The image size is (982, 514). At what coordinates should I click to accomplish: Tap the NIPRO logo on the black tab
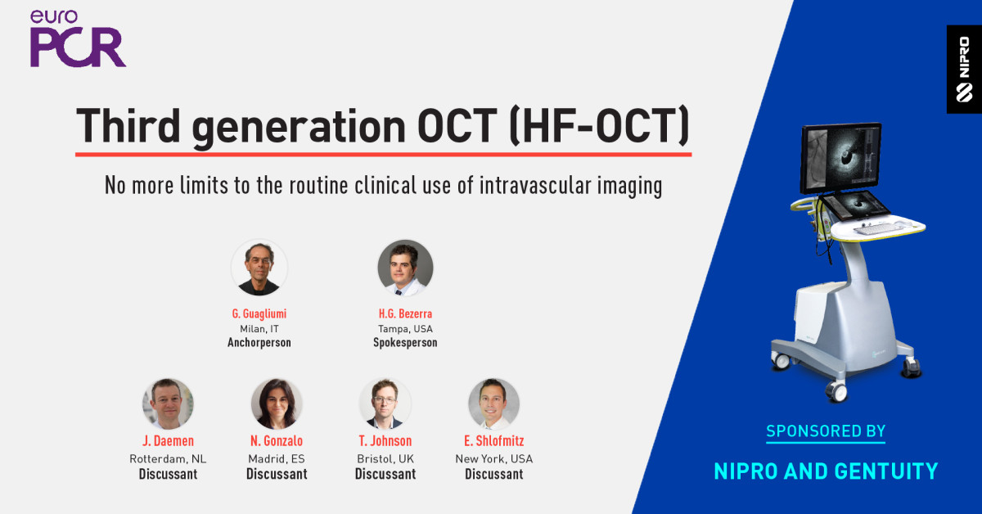point(964,70)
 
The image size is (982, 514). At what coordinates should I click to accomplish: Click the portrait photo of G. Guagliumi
point(259,268)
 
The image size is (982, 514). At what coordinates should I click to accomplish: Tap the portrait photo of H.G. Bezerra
point(405,268)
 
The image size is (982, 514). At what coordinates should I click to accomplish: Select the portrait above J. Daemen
point(168,404)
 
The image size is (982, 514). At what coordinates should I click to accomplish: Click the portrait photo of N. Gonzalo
point(277,404)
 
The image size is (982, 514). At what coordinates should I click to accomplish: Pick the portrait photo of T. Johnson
point(385,404)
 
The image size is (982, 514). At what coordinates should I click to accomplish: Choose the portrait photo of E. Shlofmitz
point(493,404)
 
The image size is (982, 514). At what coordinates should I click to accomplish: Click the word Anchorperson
point(259,343)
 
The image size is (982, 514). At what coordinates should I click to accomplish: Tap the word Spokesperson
point(405,343)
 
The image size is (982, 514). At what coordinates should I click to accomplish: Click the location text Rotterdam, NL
point(168,459)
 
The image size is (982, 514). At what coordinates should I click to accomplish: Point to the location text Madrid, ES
point(277,459)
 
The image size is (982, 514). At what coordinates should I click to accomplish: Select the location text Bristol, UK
point(385,459)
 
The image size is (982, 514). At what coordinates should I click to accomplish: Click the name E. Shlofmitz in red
point(493,442)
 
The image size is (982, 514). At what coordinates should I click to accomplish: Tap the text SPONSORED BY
point(826,431)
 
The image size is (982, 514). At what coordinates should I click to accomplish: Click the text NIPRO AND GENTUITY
point(826,471)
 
